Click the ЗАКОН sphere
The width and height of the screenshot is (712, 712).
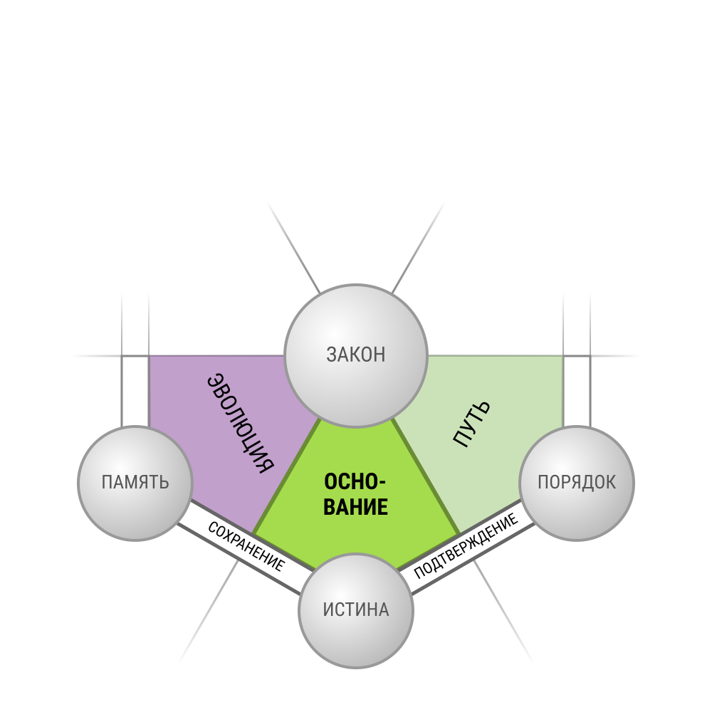point(356,356)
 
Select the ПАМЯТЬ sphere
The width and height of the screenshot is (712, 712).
point(135,483)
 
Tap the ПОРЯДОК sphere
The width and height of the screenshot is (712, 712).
point(577,483)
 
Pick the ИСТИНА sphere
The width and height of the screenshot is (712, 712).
point(356,611)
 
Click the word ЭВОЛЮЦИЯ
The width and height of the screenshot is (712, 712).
point(241,423)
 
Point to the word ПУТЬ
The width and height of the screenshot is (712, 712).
point(472,424)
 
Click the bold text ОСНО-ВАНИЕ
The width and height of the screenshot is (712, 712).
point(355,494)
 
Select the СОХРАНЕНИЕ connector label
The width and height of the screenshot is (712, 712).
point(246,546)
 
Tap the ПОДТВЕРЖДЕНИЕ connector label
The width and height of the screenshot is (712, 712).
point(466,545)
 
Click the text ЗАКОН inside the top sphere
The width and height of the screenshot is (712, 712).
point(356,355)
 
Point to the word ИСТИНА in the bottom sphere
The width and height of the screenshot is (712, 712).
point(356,610)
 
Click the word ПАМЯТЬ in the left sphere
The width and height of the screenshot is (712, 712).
point(135,482)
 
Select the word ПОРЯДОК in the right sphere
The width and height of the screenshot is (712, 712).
point(577,482)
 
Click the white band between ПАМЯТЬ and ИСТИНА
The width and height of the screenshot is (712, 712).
point(245,547)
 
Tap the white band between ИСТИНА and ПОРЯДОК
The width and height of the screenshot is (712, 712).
point(467,547)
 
